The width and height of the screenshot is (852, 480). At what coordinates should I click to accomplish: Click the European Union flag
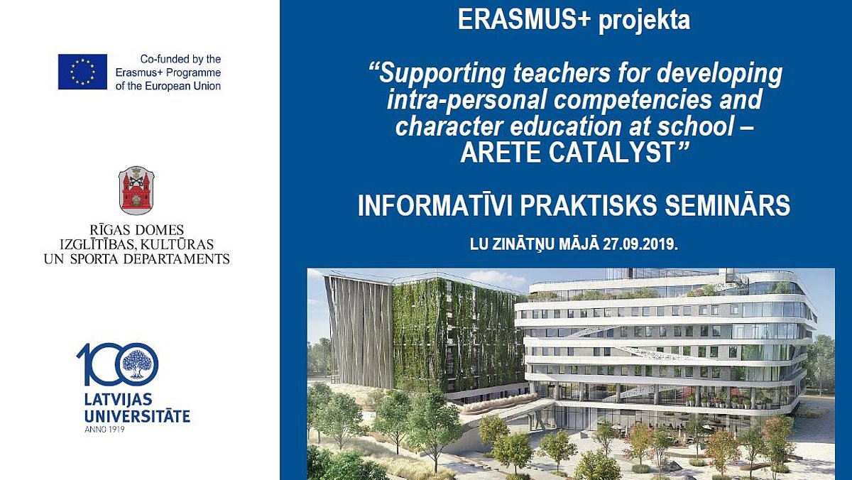point(82,72)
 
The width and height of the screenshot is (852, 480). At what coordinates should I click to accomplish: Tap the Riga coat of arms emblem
point(136,190)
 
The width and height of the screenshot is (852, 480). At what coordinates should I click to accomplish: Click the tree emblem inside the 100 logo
point(136,364)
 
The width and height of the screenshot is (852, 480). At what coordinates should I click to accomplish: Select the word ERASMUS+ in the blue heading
point(523,19)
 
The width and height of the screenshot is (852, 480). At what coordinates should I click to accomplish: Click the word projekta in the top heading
point(645,21)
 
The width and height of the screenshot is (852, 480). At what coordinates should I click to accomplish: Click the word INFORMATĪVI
point(435,205)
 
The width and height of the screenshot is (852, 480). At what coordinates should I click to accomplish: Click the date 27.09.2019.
point(640,244)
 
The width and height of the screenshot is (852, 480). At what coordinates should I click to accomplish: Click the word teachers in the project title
point(562,72)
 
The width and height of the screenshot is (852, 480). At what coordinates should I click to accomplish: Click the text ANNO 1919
point(104,430)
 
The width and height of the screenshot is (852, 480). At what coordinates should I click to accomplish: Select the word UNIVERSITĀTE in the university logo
point(137,416)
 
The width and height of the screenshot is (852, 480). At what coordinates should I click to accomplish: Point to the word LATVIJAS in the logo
point(118,400)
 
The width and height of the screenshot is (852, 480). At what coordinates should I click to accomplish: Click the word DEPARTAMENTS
point(177,259)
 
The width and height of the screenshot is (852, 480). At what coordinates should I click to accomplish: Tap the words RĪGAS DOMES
point(137,230)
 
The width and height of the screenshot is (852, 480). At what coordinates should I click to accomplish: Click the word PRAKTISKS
point(589,205)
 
